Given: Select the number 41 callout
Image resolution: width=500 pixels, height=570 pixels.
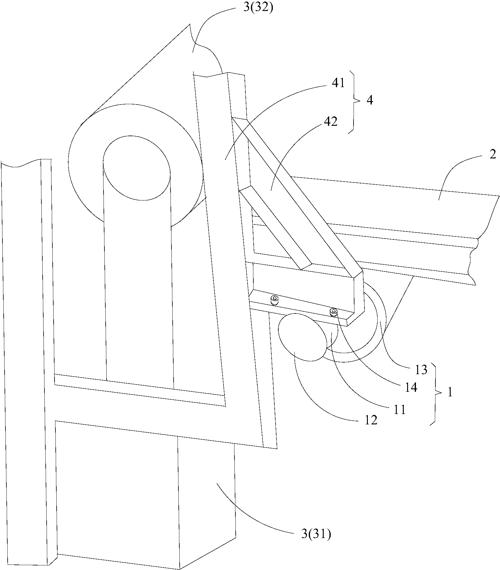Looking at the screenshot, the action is point(338,83).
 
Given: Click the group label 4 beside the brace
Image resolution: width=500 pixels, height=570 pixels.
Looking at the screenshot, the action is point(370,100).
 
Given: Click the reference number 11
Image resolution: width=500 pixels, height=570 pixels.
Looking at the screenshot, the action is point(399,410).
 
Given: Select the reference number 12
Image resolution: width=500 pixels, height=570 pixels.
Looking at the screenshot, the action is point(370,420).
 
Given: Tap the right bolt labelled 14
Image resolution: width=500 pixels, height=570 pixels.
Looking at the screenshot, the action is point(334,312).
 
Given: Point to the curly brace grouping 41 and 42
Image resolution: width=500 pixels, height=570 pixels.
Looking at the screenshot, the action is point(354,102).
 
